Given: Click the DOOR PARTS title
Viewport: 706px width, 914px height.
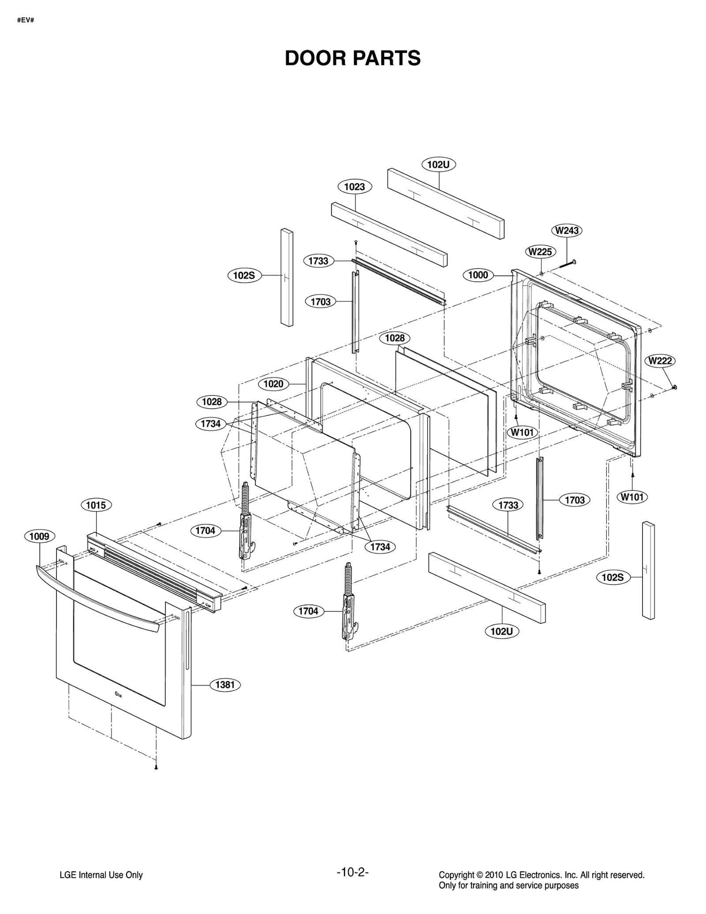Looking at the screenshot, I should click(x=353, y=58).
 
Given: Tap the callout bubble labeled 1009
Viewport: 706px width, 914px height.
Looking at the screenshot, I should click(x=39, y=536).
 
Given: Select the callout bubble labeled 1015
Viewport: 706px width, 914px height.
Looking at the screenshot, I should click(x=96, y=505).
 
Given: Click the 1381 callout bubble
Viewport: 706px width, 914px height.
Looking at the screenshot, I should click(x=225, y=685).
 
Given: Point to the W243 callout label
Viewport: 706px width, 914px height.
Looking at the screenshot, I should click(x=567, y=231).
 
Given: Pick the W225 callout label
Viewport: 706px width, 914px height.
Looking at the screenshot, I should click(x=540, y=252).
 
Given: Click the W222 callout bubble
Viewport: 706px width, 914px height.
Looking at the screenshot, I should click(x=660, y=361).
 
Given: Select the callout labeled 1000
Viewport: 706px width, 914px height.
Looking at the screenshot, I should click(x=478, y=275).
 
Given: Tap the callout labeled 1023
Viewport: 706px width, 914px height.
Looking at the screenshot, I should click(x=355, y=187).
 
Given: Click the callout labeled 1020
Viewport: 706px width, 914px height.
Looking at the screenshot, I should click(x=273, y=384).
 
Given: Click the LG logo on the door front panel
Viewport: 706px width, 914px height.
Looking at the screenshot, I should click(x=118, y=695).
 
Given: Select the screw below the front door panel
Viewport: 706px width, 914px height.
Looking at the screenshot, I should click(x=156, y=768).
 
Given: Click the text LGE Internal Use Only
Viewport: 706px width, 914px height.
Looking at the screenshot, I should click(x=101, y=875).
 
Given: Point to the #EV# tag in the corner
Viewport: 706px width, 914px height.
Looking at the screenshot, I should click(x=26, y=20).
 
